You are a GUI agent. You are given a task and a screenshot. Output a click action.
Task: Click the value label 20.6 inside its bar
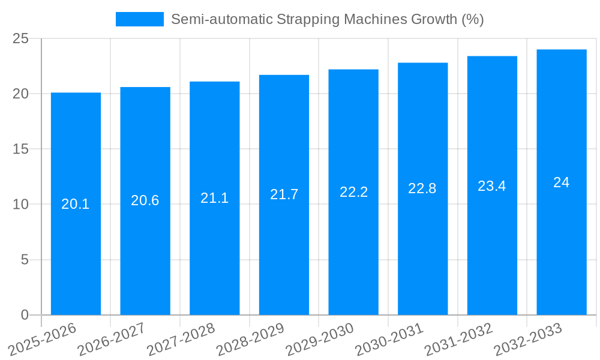click(145, 200)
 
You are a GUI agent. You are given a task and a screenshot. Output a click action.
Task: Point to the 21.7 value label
click(284, 194)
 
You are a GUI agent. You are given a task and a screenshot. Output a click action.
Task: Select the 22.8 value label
click(422, 188)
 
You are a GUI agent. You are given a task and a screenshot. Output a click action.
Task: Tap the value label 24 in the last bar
click(562, 182)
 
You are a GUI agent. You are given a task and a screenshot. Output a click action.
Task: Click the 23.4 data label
click(492, 186)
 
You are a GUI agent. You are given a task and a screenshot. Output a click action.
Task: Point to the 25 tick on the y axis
click(20, 38)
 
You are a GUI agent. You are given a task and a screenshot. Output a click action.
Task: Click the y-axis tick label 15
click(20, 149)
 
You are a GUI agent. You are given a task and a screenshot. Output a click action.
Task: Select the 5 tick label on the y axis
click(25, 260)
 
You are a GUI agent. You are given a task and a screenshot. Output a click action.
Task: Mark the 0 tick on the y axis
click(25, 315)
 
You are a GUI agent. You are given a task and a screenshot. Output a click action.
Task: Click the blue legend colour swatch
click(140, 19)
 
